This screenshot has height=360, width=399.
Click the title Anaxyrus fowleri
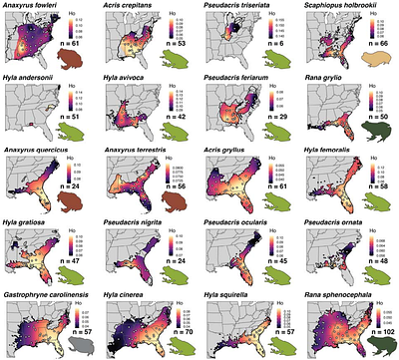[x=33, y=6]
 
